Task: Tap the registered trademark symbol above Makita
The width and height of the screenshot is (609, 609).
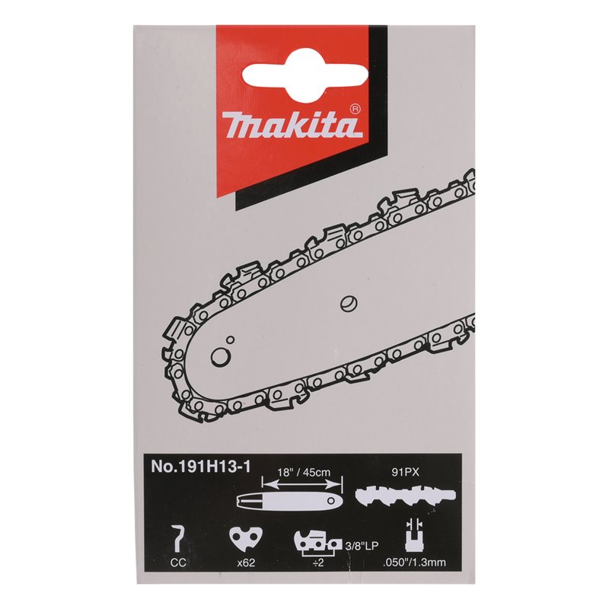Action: point(355,109)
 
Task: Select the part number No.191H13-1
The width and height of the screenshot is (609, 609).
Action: point(200,466)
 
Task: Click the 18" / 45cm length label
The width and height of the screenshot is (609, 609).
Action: point(304,472)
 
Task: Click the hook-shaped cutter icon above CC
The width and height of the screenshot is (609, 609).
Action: point(178,540)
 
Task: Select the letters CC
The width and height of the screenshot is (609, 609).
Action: point(178,563)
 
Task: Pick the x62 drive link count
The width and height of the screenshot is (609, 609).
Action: point(246,563)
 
